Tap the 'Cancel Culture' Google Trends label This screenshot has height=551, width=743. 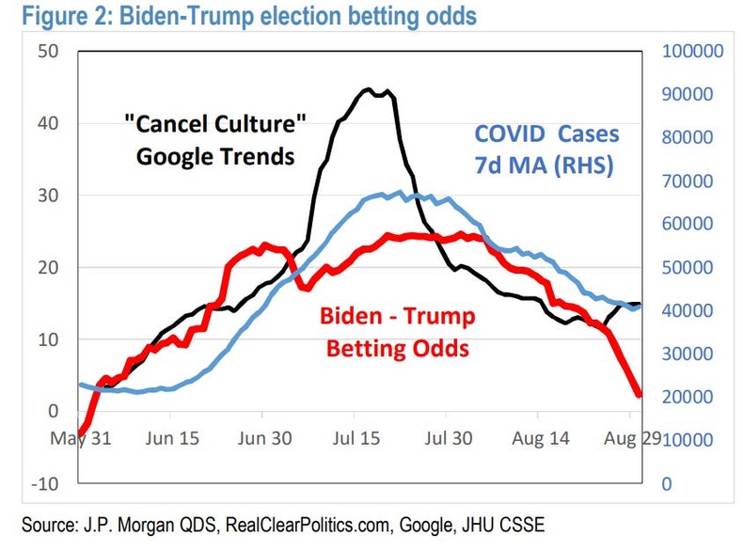coord(216,139)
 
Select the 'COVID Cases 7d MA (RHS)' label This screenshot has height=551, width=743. coord(545,150)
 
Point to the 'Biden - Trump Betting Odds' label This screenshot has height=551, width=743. coord(400,332)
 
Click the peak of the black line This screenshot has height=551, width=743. coord(369,90)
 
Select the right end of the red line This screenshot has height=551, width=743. coord(640,394)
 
